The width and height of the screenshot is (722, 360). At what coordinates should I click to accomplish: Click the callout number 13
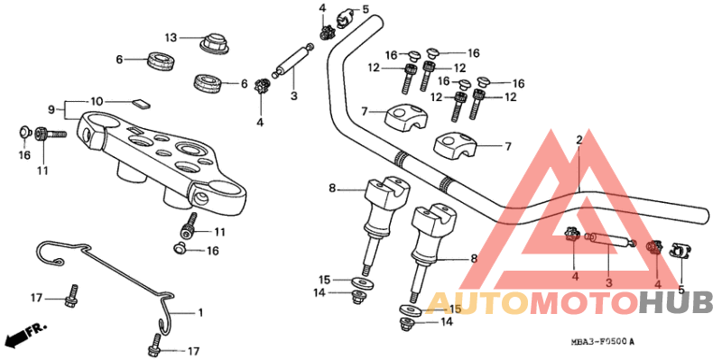[x=172, y=37]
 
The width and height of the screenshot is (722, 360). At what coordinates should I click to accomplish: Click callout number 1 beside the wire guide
[x=200, y=312]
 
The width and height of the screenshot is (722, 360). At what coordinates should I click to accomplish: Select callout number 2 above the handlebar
[x=579, y=140]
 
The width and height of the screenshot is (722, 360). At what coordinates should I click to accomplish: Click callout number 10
[x=97, y=100]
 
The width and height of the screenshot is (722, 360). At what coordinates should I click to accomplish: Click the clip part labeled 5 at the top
[x=343, y=14]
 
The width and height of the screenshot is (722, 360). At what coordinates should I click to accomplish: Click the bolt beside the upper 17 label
[x=70, y=292]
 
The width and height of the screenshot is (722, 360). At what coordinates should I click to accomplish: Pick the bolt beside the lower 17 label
[x=154, y=344]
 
